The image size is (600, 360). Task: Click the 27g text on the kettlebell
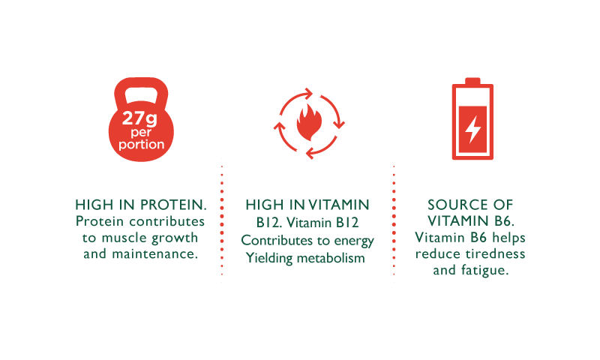coord(141,117)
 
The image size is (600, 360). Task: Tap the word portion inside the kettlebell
coord(141,144)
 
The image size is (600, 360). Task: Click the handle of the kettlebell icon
coord(141,90)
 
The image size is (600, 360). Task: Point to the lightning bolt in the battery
coord(472,127)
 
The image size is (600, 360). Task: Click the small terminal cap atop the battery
coord(472,81)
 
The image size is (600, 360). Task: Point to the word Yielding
coord(270,259)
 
